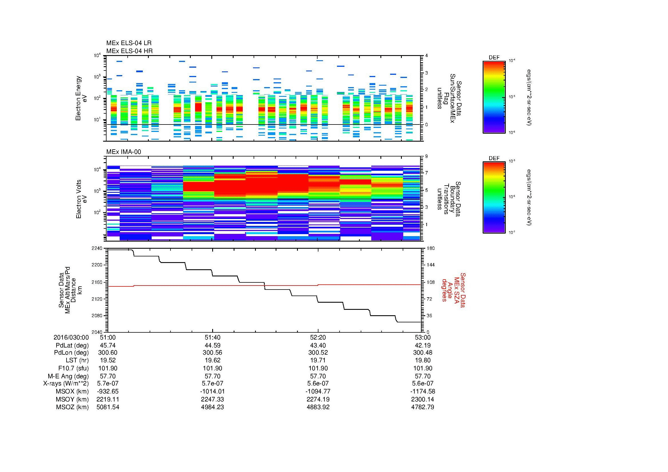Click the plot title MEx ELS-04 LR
coord(129,43)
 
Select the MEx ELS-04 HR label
coord(129,51)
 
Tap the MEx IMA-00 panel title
coord(123,152)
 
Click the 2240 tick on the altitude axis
coord(97,248)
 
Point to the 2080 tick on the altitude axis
coord(97,316)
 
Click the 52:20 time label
coord(318,337)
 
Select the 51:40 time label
coord(213,337)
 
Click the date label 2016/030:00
coord(71,337)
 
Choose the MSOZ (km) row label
coord(72,407)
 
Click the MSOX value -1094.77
coord(318,391)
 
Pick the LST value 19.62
coord(213,360)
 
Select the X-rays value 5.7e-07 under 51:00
coord(108,383)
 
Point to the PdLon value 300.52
coord(318,353)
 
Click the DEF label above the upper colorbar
coord(494,58)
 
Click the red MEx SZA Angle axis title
coord(454,290)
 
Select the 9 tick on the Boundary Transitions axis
coord(426,156)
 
